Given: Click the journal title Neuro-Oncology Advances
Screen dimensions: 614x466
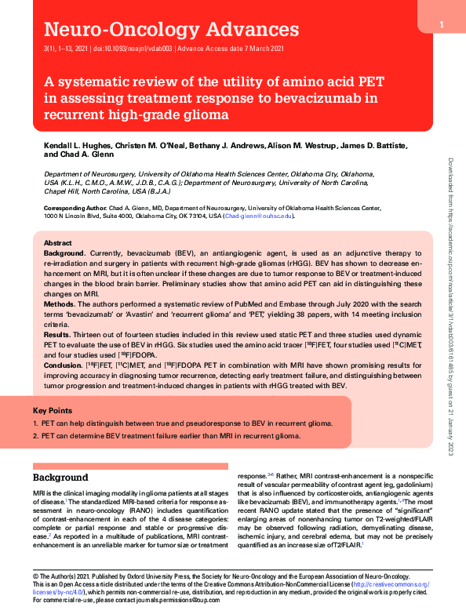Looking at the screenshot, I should pos(172,31).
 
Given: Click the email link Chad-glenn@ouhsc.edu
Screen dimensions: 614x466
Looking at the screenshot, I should pos(259,215).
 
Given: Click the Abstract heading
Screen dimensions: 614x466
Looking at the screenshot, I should pos(57,244).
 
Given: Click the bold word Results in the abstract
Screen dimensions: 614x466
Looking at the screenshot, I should pos(58,334).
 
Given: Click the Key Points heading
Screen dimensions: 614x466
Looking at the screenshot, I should pos(53,410).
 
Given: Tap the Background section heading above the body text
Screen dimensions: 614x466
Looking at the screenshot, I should pos(60,478).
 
